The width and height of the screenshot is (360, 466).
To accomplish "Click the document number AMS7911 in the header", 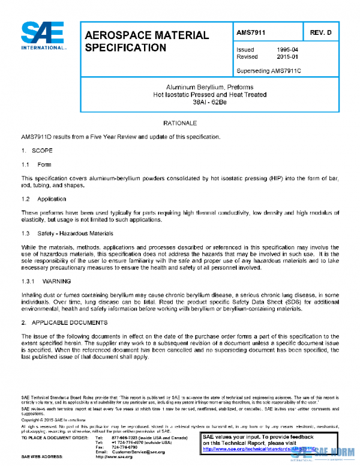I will coord(251,32).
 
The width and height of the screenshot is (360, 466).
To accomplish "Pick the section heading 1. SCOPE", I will coord(37,151).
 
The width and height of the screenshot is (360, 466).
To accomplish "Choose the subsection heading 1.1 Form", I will coord(37,165).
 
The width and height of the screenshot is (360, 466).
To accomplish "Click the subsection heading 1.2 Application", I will coord(44,199).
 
